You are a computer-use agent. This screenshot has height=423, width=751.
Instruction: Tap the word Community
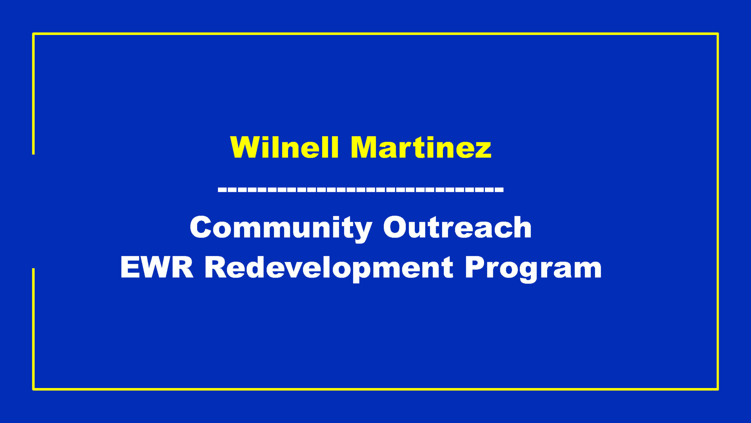tap(281, 229)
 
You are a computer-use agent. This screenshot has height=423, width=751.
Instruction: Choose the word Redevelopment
tap(329, 269)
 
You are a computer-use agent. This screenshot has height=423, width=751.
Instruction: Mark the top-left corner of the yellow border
tap(33, 34)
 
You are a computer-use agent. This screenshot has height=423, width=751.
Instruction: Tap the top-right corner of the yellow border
tap(718, 34)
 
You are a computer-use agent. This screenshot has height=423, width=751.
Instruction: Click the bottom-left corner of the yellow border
tap(33, 389)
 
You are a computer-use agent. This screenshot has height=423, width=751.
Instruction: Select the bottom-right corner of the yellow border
tap(718, 389)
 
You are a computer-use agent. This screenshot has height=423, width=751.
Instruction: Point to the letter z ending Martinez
tap(481, 150)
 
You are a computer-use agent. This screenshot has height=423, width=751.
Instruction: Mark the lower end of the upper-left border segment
tap(33, 154)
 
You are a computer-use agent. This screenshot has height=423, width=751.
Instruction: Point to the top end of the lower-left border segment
tap(33, 268)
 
